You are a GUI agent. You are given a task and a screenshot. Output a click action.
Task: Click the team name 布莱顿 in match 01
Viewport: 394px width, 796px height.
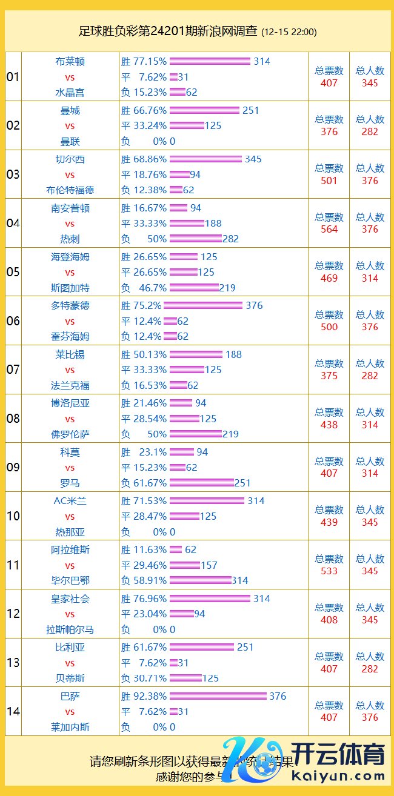coord(70,61)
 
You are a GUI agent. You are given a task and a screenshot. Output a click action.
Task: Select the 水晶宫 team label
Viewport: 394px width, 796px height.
coord(70,93)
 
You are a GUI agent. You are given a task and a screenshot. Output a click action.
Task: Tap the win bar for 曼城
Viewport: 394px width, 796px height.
coord(204,110)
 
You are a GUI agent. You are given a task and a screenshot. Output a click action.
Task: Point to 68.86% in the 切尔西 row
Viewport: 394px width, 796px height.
coord(149,159)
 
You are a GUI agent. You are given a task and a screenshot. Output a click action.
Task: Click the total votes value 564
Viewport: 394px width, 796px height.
coord(329,229)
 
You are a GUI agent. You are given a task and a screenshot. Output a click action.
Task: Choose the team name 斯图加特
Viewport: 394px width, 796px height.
coord(70,288)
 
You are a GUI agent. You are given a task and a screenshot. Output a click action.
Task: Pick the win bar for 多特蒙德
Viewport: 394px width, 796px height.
coord(203,305)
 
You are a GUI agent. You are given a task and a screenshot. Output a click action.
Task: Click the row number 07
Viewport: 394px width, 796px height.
coord(13,370)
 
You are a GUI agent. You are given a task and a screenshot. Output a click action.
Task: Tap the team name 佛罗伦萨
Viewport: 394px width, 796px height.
coord(70,434)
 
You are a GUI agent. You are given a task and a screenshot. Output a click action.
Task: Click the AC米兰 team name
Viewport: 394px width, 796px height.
coord(70,501)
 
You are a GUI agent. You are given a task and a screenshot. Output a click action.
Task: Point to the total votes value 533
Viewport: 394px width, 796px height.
coord(329,571)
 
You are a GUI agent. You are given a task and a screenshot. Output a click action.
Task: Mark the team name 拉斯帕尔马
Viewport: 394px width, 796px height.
coord(70,629)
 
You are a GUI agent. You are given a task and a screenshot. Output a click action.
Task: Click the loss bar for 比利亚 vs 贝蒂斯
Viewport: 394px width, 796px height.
coord(185,678)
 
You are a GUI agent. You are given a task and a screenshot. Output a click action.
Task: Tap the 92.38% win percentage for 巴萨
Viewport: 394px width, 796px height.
coord(149,696)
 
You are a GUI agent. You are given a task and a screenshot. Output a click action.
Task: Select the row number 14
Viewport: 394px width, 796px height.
coord(13,711)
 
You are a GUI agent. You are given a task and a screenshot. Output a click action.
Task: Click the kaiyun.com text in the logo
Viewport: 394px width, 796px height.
coord(338,776)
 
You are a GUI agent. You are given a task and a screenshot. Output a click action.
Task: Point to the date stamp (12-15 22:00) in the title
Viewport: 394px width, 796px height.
coord(289,32)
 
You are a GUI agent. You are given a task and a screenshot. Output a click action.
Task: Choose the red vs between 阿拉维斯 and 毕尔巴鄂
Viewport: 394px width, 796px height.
coord(70,565)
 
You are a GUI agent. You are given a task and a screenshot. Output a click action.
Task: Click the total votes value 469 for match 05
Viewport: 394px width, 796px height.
coord(329,278)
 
